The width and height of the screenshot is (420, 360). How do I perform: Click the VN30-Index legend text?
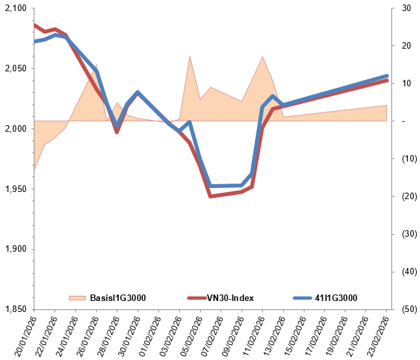(x=230, y=298)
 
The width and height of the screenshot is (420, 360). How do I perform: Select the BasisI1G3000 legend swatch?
(x=77, y=298)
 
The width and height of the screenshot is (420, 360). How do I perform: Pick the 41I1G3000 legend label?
(x=336, y=298)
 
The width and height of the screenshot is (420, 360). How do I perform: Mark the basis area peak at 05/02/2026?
(x=190, y=56)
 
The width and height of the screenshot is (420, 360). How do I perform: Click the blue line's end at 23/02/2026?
(x=387, y=76)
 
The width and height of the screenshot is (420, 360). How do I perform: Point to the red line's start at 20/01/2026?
(x=34, y=25)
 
